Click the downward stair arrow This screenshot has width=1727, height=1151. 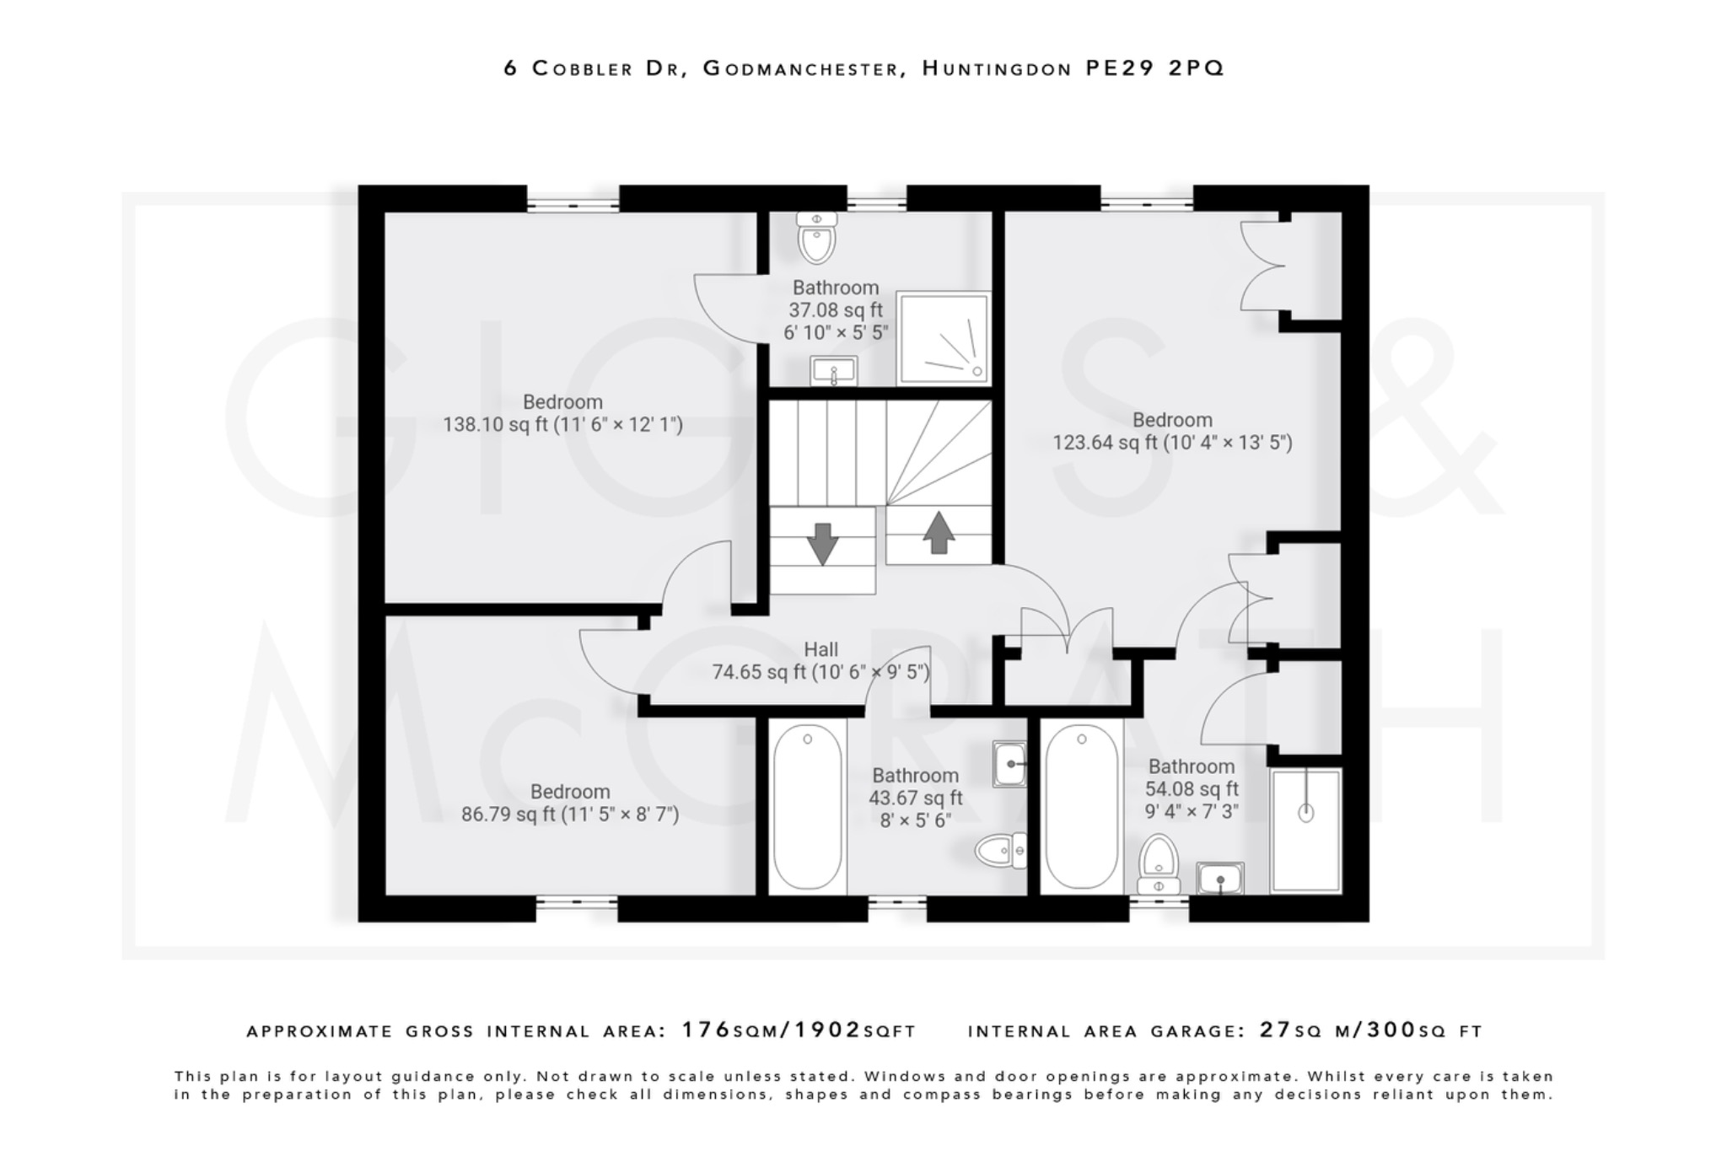pyautogui.click(x=822, y=543)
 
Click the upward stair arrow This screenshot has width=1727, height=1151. pyautogui.click(x=939, y=533)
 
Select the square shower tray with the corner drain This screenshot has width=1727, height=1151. pyautogui.click(x=943, y=337)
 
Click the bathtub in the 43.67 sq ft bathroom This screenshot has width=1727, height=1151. pyautogui.click(x=807, y=808)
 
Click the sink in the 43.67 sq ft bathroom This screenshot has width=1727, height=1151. pyautogui.click(x=1009, y=764)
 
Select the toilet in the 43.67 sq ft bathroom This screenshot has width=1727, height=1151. pyautogui.click(x=1001, y=851)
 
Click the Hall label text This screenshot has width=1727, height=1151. pyautogui.click(x=820, y=649)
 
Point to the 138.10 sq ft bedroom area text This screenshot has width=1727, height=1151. pyautogui.click(x=562, y=424)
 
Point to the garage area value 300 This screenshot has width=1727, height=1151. pyautogui.click(x=1390, y=1030)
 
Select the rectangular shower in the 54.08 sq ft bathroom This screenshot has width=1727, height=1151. pyautogui.click(x=1305, y=830)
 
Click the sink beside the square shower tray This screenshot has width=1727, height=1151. pyautogui.click(x=833, y=370)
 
